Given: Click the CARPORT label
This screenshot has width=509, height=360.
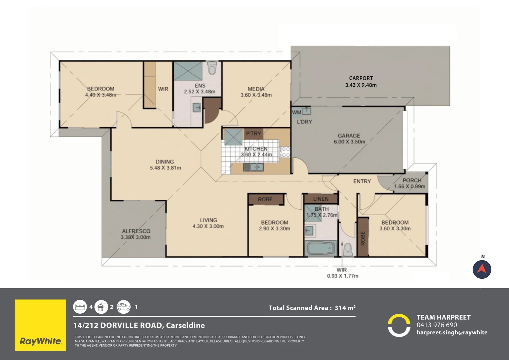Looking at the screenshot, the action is [x=361, y=78].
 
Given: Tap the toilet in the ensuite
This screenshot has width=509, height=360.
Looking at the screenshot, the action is [x=212, y=68].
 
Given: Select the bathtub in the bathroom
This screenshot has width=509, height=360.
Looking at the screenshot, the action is [x=321, y=248].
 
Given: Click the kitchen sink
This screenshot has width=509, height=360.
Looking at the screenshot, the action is [x=254, y=167].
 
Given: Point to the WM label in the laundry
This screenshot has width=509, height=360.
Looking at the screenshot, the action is [x=296, y=112].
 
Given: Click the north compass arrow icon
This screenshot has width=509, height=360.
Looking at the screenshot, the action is [x=482, y=269].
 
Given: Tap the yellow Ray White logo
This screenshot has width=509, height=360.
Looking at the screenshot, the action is [x=40, y=325].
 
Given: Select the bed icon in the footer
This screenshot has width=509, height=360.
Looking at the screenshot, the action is [x=80, y=307].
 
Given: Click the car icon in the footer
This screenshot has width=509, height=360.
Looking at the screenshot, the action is [x=124, y=307].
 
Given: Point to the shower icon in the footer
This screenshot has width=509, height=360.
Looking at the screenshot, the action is [x=101, y=307].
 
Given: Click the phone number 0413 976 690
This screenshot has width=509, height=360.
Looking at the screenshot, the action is [x=437, y=325].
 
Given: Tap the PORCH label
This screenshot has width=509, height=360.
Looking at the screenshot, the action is [x=412, y=180].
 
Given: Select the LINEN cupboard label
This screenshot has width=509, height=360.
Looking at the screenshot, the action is [x=321, y=199].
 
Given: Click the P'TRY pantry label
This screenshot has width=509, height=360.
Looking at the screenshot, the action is [x=254, y=133].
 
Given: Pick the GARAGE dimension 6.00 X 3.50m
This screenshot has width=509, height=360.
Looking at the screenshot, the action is [x=349, y=142].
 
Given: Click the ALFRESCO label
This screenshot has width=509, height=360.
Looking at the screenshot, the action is [x=136, y=231].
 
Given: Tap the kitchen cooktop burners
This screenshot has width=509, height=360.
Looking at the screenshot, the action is [x=285, y=152].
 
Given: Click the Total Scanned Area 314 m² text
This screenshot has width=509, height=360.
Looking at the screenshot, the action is [x=312, y=308].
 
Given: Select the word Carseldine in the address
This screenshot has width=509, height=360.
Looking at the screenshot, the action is [x=186, y=325].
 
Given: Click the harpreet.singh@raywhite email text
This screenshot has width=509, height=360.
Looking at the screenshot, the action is [x=452, y=332].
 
